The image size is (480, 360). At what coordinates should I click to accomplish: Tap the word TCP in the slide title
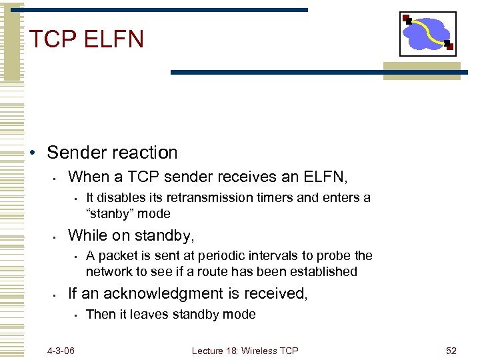[53, 39]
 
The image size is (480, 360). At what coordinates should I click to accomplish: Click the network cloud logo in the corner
[427, 34]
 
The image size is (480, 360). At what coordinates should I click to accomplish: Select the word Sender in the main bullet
[76, 153]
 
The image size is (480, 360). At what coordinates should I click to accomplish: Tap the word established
[323, 272]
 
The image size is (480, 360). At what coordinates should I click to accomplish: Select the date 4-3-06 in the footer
[61, 350]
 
